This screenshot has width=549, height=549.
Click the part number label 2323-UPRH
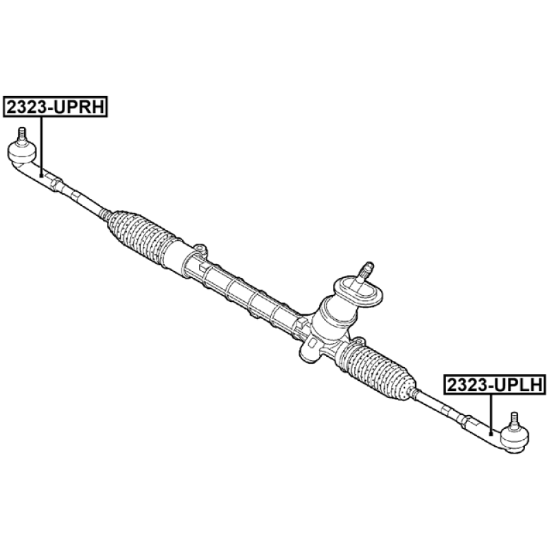[x=56, y=106]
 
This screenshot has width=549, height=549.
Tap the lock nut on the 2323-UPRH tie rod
[x=59, y=183]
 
